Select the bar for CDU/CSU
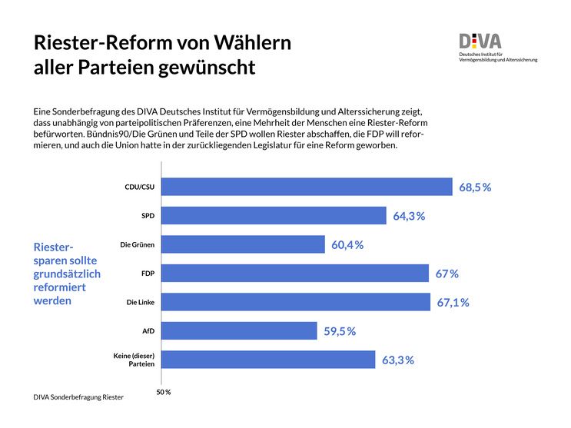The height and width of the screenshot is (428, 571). click(x=307, y=187)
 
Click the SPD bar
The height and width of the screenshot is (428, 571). click(x=274, y=216)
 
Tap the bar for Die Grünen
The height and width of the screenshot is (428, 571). click(x=244, y=244)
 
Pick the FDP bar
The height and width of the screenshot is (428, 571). click(x=295, y=274)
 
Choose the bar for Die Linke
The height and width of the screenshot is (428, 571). click(x=296, y=302)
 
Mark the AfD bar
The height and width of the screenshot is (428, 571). click(x=240, y=330)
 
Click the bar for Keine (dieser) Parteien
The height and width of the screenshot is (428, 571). click(x=269, y=360)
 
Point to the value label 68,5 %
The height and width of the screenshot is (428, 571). click(x=475, y=187)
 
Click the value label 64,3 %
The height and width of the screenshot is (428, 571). click(x=409, y=216)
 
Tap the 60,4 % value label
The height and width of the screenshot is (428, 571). click(x=347, y=245)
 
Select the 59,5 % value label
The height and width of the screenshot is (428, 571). click(x=340, y=331)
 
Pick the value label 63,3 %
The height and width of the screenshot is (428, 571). click(x=398, y=360)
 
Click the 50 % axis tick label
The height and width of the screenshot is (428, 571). click(x=163, y=392)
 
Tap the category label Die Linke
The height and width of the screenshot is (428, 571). click(x=141, y=303)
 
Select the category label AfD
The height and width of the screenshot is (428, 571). click(x=148, y=331)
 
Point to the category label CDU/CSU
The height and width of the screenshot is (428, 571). click(x=139, y=187)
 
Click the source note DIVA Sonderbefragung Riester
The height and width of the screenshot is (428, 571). click(x=78, y=397)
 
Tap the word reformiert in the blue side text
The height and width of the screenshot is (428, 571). click(x=60, y=287)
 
